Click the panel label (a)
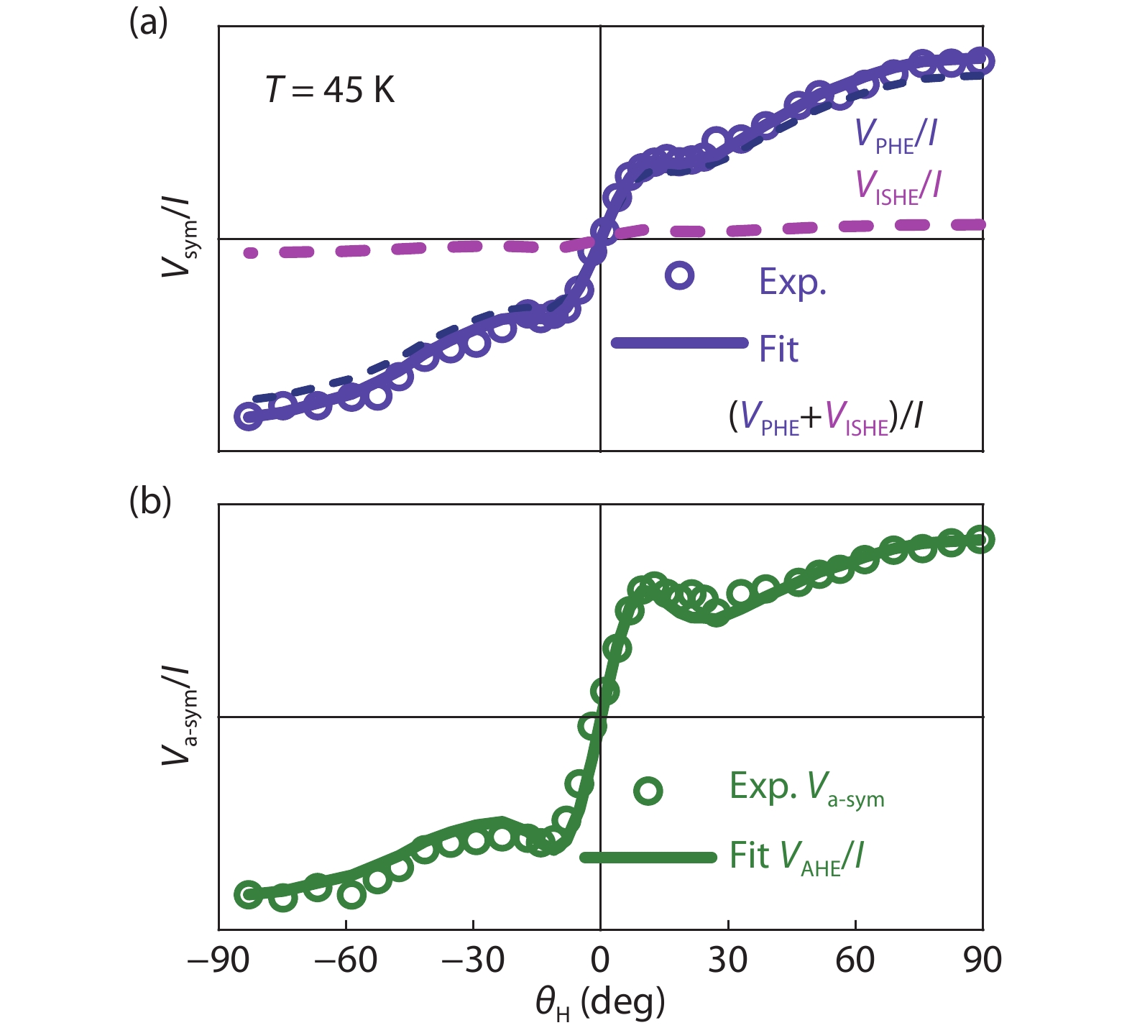[x=148, y=23]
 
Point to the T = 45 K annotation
[x=330, y=91]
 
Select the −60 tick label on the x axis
[x=346, y=960]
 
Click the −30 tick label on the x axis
[x=473, y=960]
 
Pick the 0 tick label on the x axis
[x=600, y=960]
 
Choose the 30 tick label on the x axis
[x=727, y=960]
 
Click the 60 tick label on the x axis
[x=855, y=960]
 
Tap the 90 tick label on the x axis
[x=983, y=960]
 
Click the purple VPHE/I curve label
[x=896, y=134]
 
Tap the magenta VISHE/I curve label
[x=898, y=185]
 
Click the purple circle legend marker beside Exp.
[x=679, y=275]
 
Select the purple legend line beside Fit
[x=679, y=343]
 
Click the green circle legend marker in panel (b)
[x=648, y=791]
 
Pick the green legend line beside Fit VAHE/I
[x=648, y=857]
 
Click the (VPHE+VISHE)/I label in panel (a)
[x=825, y=417]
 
